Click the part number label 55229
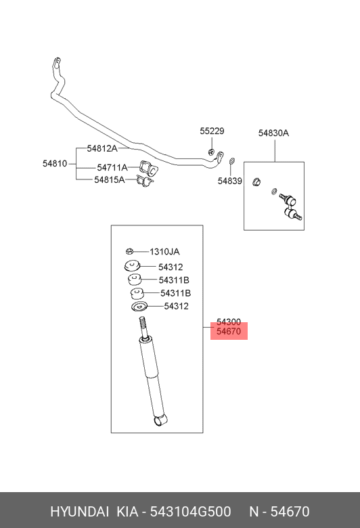tap(212, 131)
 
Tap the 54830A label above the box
tap(273, 133)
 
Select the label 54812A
tap(102, 148)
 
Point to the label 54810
tap(55, 164)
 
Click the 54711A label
tap(112, 167)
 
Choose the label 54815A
tap(110, 179)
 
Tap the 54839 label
tap(229, 181)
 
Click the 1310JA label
tap(164, 252)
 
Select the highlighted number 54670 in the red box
tap(229, 332)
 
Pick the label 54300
tap(229, 322)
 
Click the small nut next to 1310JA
tap(129, 251)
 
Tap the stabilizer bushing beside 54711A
tap(148, 168)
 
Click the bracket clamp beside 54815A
tap(145, 181)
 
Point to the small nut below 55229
tap(212, 152)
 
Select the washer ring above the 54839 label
tap(232, 161)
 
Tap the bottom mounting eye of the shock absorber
tap(160, 420)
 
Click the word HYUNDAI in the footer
tap(79, 512)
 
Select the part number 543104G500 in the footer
tap(190, 512)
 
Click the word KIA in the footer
tap(127, 512)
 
